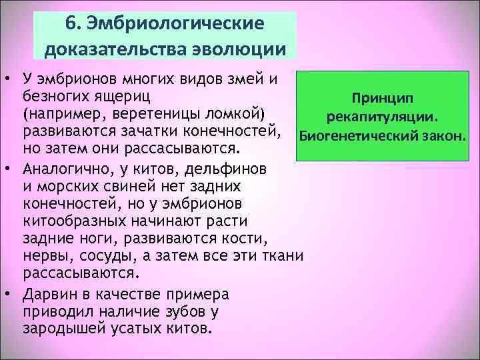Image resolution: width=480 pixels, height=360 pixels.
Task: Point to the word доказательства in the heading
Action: [x=113, y=49]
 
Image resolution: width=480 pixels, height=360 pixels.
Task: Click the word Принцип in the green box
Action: [x=383, y=98]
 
